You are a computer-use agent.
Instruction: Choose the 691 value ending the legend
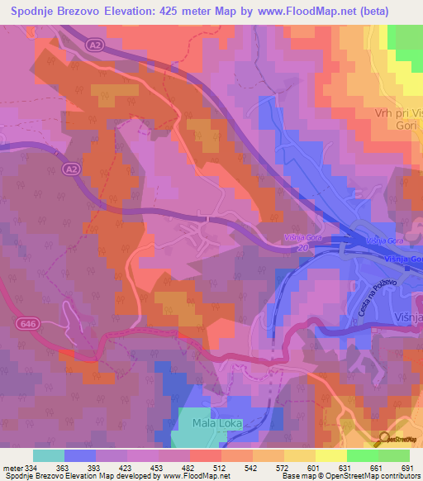pos(407,467)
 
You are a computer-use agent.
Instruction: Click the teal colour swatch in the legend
pos(49,455)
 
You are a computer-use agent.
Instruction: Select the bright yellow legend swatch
pos(331,455)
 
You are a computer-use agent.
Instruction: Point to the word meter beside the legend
pos(12,467)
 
